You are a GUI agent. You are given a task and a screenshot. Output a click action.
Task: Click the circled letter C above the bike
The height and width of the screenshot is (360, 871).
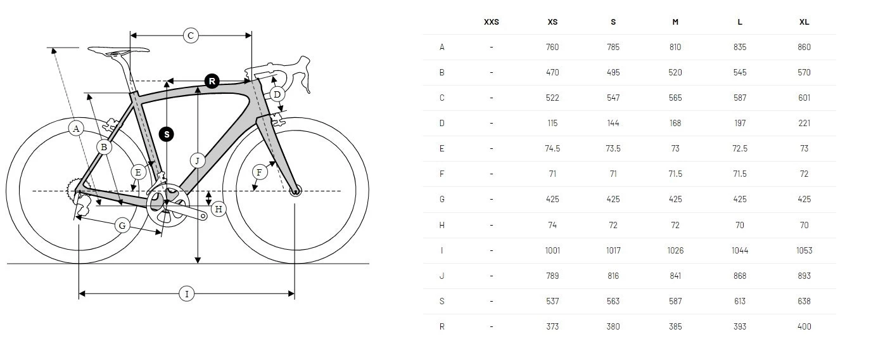click(191, 35)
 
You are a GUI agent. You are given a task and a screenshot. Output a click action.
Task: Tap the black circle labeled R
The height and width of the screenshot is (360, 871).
click(212, 81)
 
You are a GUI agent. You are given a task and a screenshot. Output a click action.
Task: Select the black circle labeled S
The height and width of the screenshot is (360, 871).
click(167, 134)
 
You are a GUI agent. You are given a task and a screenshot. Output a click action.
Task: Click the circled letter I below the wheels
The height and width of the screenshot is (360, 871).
click(186, 293)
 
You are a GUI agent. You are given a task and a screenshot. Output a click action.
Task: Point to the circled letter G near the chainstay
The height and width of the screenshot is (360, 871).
click(122, 225)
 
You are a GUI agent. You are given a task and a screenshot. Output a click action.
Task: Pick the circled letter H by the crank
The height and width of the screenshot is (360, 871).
click(219, 209)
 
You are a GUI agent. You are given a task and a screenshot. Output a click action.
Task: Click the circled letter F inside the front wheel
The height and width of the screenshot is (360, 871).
click(258, 172)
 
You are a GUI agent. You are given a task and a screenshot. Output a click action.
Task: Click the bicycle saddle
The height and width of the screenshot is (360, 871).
click(118, 50)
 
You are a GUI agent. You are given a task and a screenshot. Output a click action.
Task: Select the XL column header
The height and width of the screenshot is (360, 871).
click(804, 22)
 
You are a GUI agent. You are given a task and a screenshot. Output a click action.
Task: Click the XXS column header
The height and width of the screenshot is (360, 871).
click(491, 22)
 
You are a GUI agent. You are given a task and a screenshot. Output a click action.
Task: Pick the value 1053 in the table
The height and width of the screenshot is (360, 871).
click(804, 250)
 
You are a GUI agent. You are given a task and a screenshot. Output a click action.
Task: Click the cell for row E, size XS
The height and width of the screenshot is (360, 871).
click(552, 148)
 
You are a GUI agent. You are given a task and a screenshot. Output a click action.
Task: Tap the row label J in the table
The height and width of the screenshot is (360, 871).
click(442, 276)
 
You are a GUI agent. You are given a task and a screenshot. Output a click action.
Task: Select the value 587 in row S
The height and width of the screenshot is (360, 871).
click(675, 301)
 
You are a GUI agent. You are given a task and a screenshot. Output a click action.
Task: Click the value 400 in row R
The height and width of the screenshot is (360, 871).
click(804, 326)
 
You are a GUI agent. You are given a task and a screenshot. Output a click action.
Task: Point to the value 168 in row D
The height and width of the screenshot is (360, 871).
click(675, 123)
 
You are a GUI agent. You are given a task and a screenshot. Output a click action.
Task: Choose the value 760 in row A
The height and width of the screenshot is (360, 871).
click(552, 47)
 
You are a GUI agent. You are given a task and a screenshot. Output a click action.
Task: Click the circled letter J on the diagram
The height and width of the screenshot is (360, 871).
click(198, 160)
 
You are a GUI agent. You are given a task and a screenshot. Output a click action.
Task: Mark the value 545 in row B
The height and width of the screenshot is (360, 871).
click(739, 72)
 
